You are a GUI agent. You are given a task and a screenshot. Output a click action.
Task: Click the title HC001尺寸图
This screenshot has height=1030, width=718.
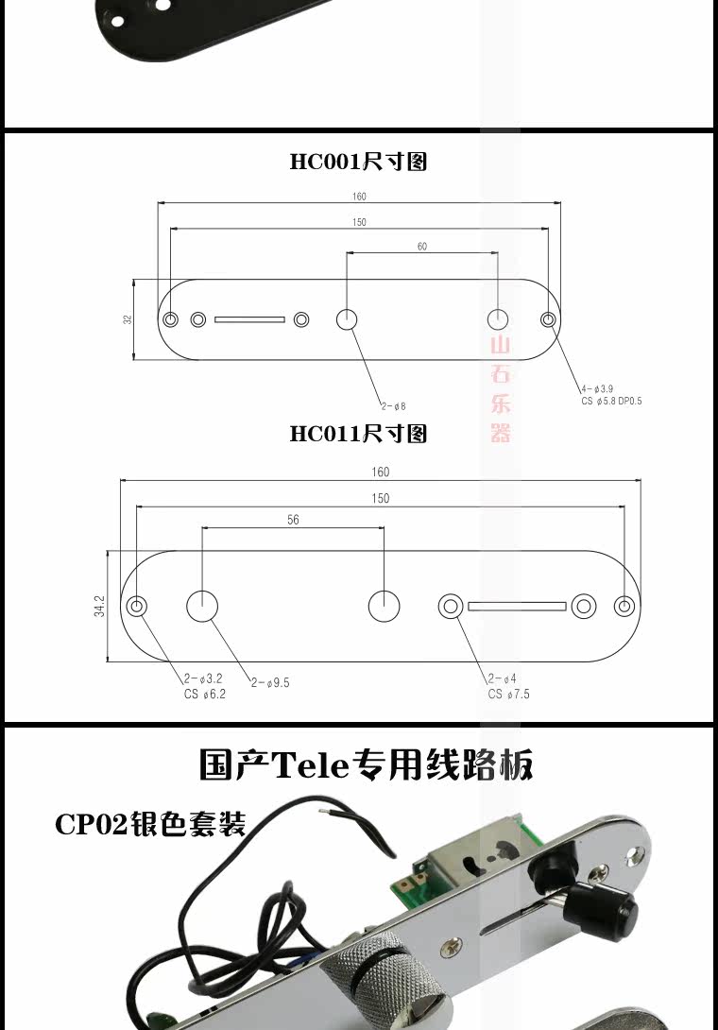point(358,162)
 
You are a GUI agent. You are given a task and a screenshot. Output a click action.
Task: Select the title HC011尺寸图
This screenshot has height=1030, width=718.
point(358,434)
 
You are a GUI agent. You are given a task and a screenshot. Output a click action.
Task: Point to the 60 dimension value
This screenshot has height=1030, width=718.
point(421,247)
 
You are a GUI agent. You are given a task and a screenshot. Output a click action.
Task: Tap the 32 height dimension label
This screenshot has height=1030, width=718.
point(128,319)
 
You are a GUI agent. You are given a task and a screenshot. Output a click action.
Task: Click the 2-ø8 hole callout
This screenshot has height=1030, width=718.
point(393,406)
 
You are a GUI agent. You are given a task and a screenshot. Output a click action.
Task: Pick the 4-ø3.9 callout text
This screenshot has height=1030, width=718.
point(597,388)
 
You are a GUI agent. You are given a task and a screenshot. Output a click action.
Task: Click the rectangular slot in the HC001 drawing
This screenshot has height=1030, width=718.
point(249,319)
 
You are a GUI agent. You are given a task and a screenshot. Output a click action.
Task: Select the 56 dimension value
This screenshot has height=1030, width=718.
point(293,520)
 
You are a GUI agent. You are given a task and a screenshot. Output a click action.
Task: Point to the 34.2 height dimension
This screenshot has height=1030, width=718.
point(99,606)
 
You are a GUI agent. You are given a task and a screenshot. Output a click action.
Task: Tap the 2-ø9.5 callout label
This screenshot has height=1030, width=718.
point(270,682)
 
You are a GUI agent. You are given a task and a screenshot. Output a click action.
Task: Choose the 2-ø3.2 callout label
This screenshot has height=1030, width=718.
point(204,678)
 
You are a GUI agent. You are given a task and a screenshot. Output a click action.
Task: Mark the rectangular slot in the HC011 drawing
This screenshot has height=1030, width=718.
point(517,606)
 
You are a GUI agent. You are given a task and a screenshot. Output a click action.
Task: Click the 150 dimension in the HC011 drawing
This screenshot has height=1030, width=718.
point(380,498)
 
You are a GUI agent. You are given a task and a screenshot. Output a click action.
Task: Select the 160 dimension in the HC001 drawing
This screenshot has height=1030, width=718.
point(359,197)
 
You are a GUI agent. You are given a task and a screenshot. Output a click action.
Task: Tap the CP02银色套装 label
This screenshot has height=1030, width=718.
point(150,824)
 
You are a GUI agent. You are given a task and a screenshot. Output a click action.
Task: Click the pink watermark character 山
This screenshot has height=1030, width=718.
point(500,345)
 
